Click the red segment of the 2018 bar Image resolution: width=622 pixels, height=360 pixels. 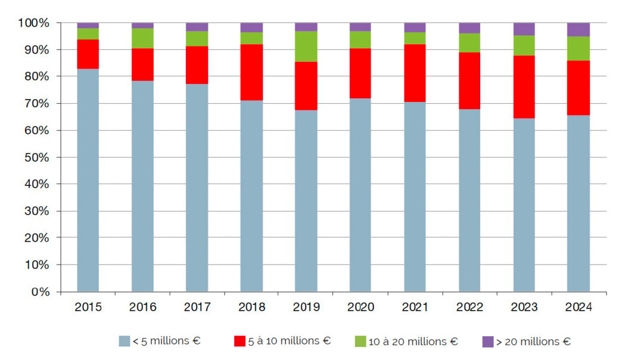click(251, 72)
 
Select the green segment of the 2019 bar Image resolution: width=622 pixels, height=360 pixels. click(306, 46)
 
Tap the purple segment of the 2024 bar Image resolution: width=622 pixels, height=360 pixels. click(579, 29)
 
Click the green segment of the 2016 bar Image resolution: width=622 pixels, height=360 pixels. click(142, 38)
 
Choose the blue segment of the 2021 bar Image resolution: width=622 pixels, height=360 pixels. click(415, 197)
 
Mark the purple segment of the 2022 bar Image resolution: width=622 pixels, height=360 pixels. click(469, 27)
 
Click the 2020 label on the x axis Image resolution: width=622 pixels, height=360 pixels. click(360, 307)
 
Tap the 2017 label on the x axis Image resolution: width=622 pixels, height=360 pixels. click(197, 307)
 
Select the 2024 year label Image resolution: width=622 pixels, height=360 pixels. click(579, 307)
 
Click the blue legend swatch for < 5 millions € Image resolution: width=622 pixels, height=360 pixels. click(124, 342)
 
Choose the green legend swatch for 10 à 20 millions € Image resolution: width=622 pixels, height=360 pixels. click(360, 342)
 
